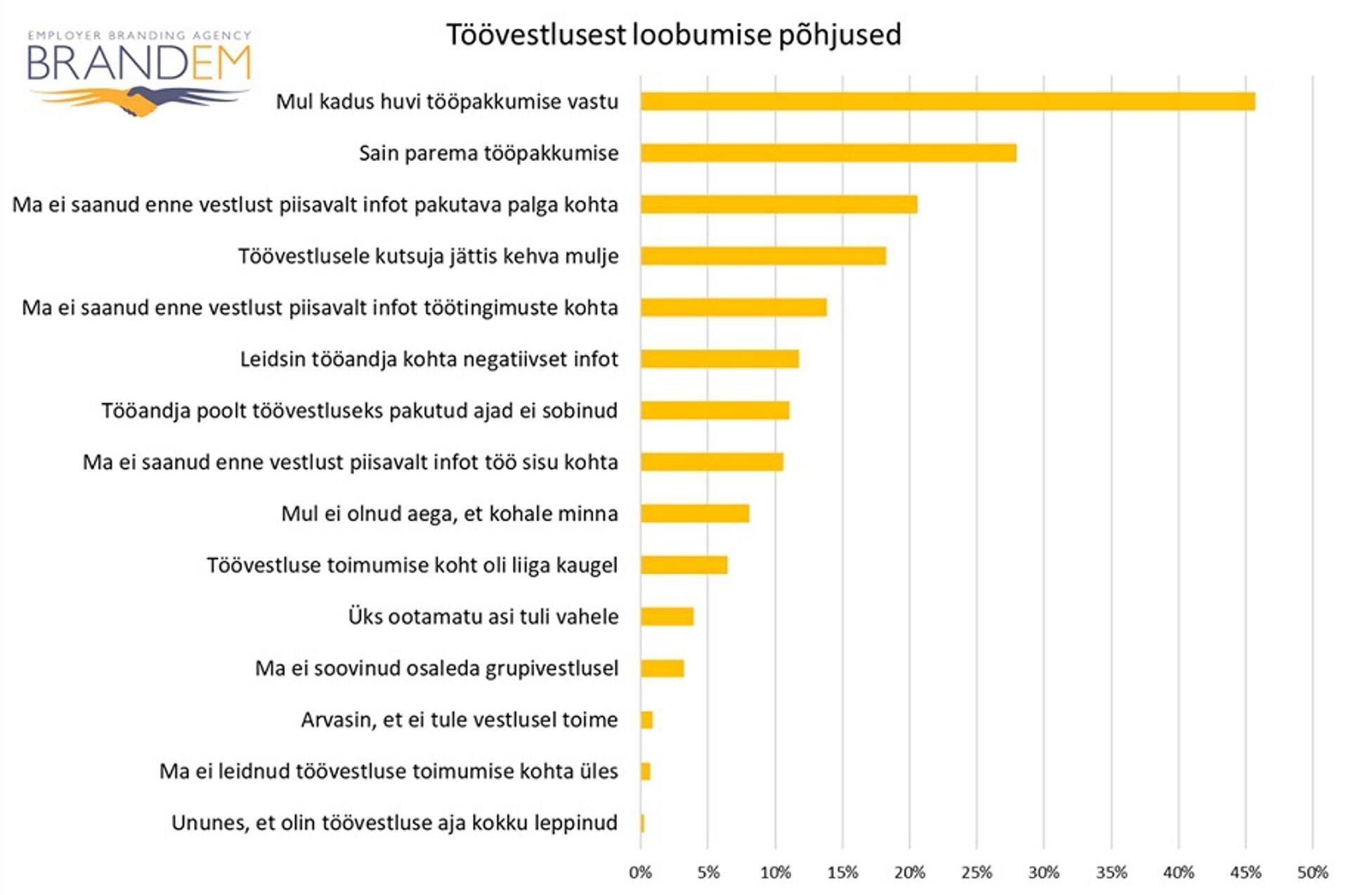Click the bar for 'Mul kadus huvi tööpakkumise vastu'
pos(947,101)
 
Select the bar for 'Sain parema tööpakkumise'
pos(828,153)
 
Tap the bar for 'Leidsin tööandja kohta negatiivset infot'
pos(719,359)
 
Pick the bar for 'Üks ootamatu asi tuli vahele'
pos(667,617)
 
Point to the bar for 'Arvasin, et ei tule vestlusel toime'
pos(646,720)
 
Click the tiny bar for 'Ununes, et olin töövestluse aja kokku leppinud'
pos(642,823)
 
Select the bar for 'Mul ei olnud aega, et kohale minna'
pos(695,513)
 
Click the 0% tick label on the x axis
pos(640,873)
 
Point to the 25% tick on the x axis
pos(977,873)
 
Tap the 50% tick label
pos(1312,873)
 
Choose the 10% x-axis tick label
pos(775,873)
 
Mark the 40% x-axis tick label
pos(1178,873)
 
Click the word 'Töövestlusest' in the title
pos(535,34)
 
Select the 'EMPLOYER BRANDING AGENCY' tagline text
pos(138,34)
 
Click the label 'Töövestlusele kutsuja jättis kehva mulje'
pos(428,256)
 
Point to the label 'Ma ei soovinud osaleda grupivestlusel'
pos(436,668)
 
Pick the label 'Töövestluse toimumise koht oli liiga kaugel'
pos(412,565)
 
